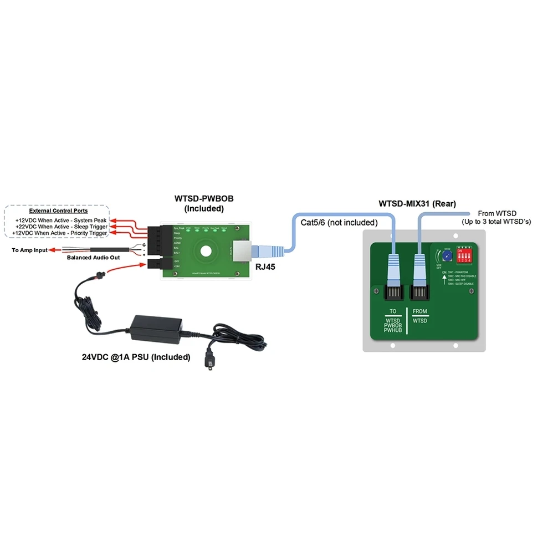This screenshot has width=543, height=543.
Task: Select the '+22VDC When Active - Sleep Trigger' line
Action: click(x=61, y=227)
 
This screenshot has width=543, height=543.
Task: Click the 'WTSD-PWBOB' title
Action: click(x=203, y=199)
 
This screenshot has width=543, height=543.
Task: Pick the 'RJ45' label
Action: click(x=263, y=266)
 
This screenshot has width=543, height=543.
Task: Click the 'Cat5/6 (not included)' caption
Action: click(x=339, y=223)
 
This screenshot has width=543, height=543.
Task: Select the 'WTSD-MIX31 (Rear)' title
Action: click(x=418, y=204)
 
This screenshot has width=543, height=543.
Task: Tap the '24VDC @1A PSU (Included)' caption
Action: click(x=136, y=357)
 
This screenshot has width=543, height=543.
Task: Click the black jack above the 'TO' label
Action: click(x=393, y=293)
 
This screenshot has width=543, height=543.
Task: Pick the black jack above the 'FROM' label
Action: click(x=420, y=293)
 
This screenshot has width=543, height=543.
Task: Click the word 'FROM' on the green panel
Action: click(x=419, y=312)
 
